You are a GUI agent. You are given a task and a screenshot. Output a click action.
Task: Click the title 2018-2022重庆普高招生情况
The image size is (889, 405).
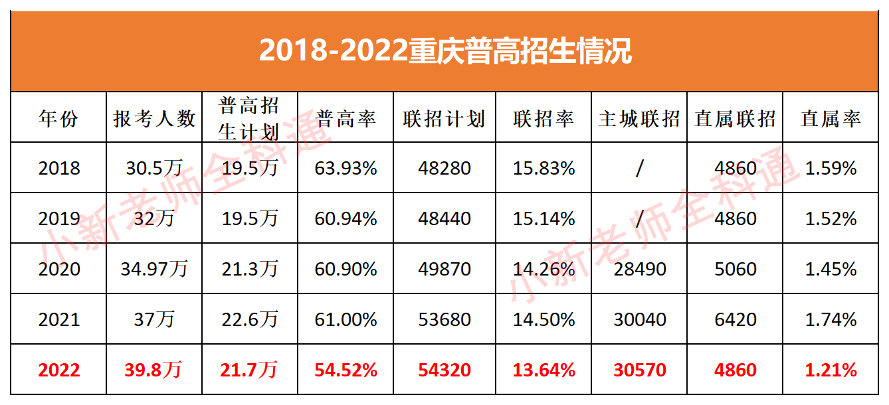pyautogui.click(x=444, y=51)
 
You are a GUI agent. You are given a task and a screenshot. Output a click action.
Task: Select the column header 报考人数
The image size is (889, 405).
pyautogui.click(x=154, y=118)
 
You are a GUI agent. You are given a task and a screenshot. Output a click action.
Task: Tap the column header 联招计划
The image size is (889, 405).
pyautogui.click(x=444, y=118)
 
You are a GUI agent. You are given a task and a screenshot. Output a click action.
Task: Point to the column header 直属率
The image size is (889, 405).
pyautogui.click(x=831, y=118)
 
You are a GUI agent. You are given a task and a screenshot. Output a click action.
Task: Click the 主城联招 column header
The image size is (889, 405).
pyautogui.click(x=639, y=118)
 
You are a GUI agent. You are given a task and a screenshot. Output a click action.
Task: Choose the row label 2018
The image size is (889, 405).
pyautogui.click(x=59, y=168)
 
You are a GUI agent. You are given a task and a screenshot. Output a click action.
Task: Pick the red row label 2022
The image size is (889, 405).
pyautogui.click(x=59, y=370)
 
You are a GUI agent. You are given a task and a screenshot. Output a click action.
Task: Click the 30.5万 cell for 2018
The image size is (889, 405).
pyautogui.click(x=154, y=168)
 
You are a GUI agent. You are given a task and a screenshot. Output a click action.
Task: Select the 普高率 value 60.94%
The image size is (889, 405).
pyautogui.click(x=346, y=218)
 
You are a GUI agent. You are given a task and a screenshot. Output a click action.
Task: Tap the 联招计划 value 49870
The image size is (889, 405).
pyautogui.click(x=444, y=269)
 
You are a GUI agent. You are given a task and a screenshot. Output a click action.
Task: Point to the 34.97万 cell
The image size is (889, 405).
pyautogui.click(x=154, y=269)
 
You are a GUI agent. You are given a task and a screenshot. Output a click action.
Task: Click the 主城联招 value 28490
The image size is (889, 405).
pyautogui.click(x=639, y=269)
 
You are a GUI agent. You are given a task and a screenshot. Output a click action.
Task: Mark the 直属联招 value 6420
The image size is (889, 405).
pyautogui.click(x=735, y=319)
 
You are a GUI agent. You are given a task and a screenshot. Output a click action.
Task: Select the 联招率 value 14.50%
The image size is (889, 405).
pyautogui.click(x=543, y=319)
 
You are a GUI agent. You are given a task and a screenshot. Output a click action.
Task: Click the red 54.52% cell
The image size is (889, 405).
pyautogui.click(x=346, y=370)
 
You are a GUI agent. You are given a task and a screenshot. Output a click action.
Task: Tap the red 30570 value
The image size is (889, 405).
pyautogui.click(x=639, y=370)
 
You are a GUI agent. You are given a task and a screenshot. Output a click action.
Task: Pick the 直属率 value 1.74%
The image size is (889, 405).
pyautogui.click(x=831, y=319)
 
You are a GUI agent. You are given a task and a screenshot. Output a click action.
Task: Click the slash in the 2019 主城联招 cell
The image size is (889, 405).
pyautogui.click(x=639, y=218)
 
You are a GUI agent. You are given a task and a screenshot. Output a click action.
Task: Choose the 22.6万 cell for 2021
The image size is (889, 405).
pyautogui.click(x=249, y=319)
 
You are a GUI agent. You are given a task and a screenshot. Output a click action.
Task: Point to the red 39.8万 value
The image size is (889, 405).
pyautogui.click(x=154, y=370)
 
